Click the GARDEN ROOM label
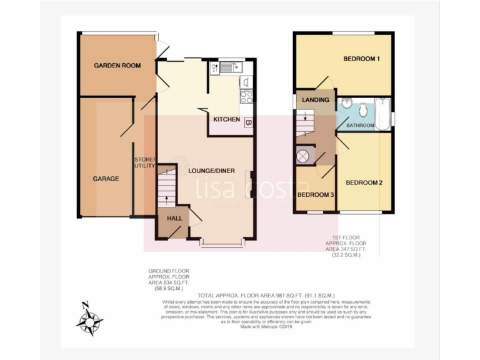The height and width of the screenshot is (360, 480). pyautogui.click(x=117, y=65)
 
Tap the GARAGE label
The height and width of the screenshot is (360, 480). pyautogui.click(x=106, y=178)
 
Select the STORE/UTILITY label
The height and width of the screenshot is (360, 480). pyautogui.click(x=144, y=162)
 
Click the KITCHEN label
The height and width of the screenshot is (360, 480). pyautogui.click(x=226, y=119)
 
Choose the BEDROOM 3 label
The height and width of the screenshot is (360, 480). pyautogui.click(x=316, y=195)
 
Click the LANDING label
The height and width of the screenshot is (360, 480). pyautogui.click(x=316, y=99)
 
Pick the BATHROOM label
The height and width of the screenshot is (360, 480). pyautogui.click(x=361, y=126)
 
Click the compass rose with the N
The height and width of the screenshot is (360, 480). pyautogui.click(x=89, y=322)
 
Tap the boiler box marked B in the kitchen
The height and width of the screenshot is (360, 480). pyautogui.click(x=248, y=122)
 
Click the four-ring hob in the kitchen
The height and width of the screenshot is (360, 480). pyautogui.click(x=247, y=97)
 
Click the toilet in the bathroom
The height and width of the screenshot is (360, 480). pyautogui.click(x=362, y=110)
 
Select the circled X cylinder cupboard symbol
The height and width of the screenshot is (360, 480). pyautogui.click(x=304, y=156)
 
